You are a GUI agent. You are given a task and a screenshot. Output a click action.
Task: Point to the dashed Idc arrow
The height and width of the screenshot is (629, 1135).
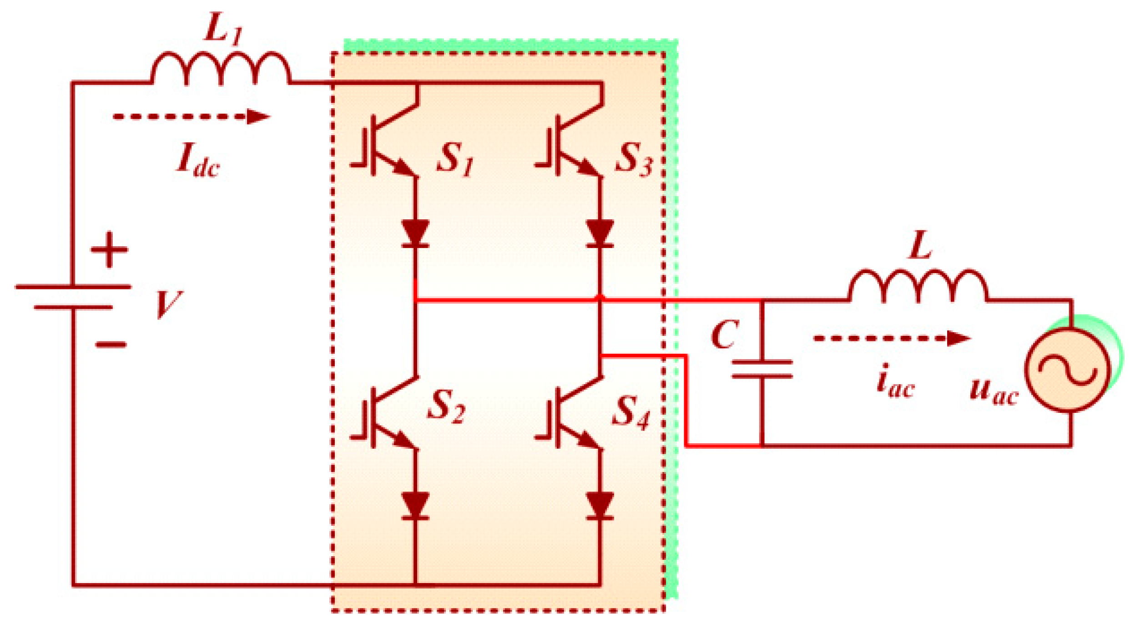pyautogui.click(x=191, y=117)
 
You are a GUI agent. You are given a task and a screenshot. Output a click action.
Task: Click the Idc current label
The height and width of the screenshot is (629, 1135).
pyautogui.click(x=198, y=160)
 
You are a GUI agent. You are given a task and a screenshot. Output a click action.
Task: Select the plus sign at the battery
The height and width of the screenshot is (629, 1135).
pyautogui.click(x=109, y=249)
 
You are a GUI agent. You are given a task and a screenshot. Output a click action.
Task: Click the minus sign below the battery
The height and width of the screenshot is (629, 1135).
pyautogui.click(x=111, y=345)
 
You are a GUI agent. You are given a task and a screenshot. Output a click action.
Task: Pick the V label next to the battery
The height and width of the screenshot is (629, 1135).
pyautogui.click(x=168, y=304)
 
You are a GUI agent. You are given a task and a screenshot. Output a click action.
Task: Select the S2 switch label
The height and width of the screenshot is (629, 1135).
pyautogui.click(x=446, y=406)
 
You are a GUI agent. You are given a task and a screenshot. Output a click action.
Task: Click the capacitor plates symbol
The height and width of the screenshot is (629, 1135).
pyautogui.click(x=762, y=369)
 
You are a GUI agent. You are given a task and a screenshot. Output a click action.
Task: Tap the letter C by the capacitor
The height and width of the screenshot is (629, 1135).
pyautogui.click(x=724, y=335)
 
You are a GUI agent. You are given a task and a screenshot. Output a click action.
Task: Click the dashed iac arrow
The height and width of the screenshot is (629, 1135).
pyautogui.click(x=892, y=338)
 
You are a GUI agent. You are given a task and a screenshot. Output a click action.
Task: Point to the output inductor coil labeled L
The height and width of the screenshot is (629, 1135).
pyautogui.click(x=918, y=286)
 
